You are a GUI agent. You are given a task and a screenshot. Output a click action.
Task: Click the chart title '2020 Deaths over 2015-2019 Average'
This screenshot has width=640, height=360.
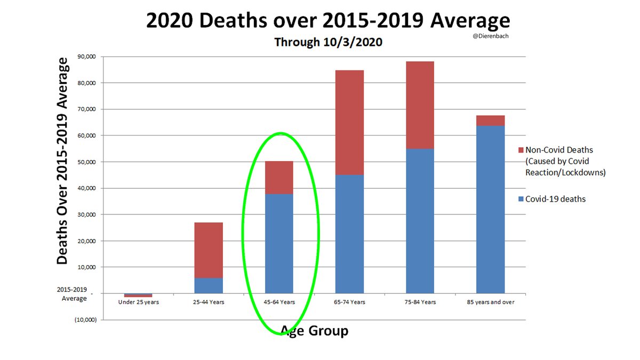(x=328, y=21)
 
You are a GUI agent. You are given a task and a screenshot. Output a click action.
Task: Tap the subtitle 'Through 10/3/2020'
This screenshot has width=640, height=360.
(x=328, y=42)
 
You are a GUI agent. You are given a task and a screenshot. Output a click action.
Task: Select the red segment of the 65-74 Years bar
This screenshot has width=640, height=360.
(x=350, y=122)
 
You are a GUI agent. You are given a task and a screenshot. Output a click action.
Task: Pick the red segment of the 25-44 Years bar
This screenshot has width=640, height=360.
(x=209, y=250)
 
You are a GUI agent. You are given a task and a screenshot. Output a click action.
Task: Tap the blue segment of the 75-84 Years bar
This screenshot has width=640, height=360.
(x=420, y=221)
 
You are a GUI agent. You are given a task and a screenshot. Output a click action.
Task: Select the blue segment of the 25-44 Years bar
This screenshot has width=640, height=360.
(x=209, y=285)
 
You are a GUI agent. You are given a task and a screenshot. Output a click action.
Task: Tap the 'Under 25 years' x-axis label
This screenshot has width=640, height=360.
(x=139, y=302)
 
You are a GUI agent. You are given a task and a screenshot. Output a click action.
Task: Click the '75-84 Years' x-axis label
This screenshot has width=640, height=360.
(x=420, y=302)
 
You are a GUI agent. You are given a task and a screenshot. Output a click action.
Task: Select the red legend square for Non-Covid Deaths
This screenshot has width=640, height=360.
(x=521, y=150)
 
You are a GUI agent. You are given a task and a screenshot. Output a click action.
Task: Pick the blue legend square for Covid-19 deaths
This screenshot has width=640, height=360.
(x=521, y=199)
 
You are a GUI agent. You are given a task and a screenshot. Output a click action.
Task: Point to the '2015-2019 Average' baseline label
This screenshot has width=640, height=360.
(x=74, y=294)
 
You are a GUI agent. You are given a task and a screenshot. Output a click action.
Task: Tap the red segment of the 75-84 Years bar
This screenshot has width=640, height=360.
(x=420, y=105)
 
